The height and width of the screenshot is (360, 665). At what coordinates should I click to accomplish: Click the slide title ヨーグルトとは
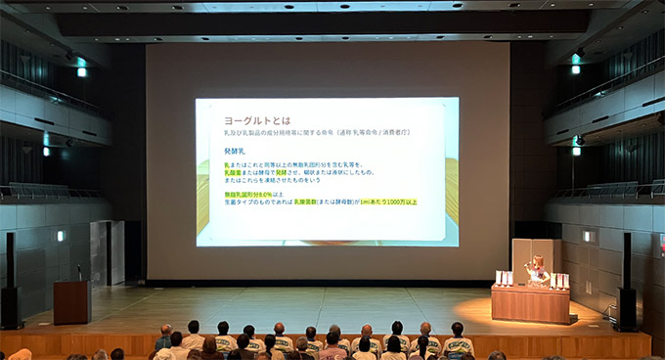(251, 119)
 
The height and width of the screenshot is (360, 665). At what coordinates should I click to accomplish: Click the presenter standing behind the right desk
(536, 268)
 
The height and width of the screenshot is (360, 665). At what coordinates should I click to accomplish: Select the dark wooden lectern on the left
(72, 301)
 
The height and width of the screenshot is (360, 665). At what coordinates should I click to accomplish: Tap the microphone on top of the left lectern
(78, 271)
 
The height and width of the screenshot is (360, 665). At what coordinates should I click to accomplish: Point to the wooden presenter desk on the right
(529, 303)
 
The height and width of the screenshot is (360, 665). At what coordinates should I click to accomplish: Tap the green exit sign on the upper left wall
(81, 71)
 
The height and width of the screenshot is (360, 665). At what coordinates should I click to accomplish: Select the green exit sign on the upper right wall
(576, 68)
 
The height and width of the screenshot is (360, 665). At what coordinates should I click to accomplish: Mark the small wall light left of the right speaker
(587, 236)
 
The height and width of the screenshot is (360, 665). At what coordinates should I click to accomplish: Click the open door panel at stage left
(100, 252)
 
